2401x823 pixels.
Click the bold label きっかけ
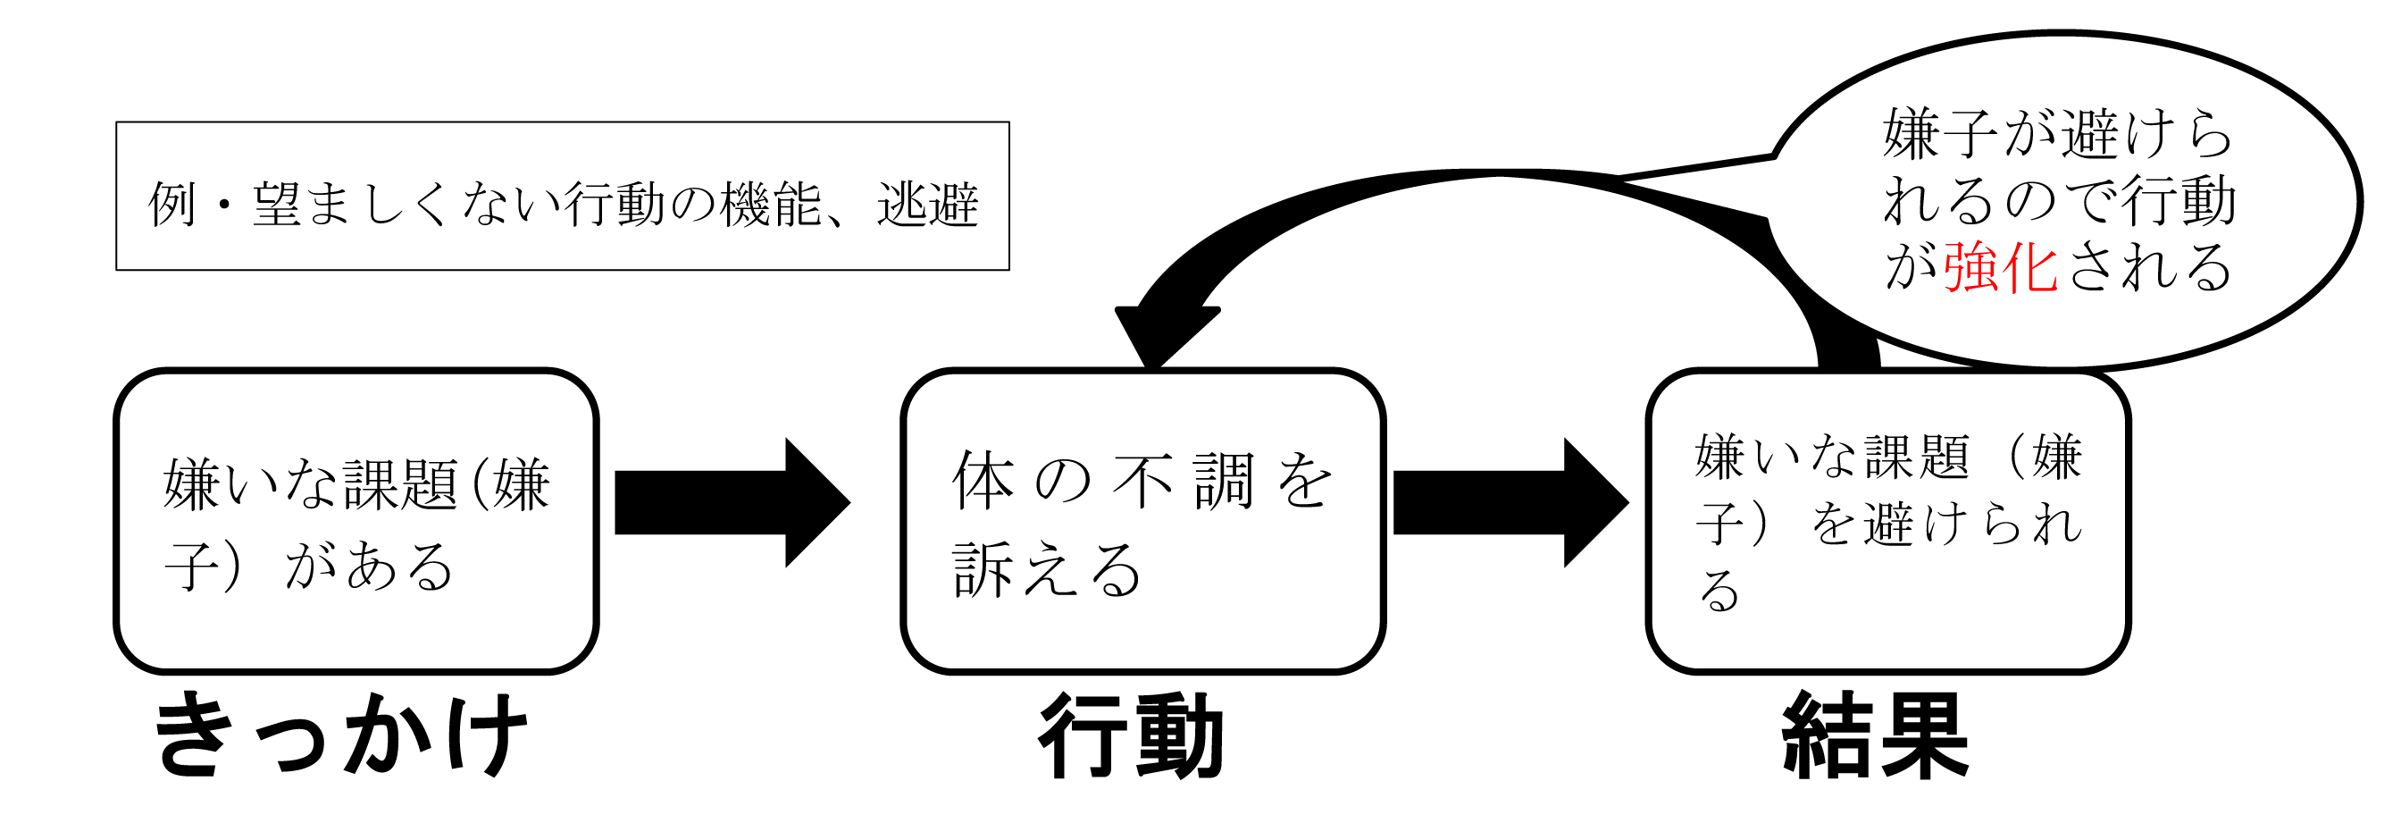(341, 735)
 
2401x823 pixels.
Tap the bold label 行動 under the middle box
(1131, 735)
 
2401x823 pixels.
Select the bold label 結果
(1874, 735)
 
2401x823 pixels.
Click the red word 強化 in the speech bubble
(1999, 268)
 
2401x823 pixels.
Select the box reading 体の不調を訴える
(1142, 522)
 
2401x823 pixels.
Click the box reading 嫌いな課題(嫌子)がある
(356, 522)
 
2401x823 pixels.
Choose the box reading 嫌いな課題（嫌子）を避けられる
(1888, 522)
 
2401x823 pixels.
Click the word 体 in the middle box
(983, 481)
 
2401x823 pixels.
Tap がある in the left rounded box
(369, 567)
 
